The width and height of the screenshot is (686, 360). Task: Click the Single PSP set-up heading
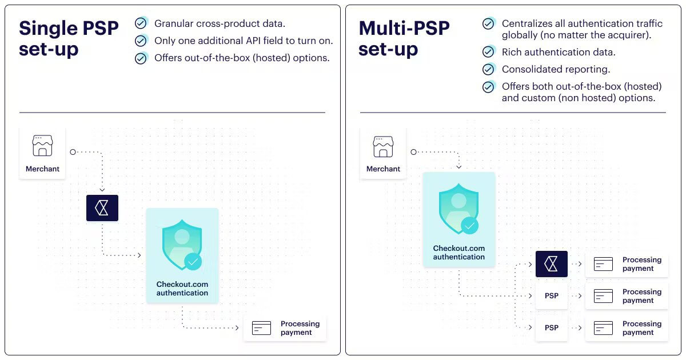pos(69,39)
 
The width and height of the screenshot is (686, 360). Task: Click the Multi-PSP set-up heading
pos(404,39)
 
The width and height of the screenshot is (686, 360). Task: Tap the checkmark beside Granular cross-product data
pos(141,23)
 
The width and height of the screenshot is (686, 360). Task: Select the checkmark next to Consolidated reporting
pos(488,69)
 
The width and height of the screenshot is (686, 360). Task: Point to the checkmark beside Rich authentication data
pos(488,52)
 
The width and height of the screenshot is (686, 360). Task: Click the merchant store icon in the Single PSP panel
pos(42,146)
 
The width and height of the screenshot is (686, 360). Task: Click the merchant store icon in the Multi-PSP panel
pos(383,147)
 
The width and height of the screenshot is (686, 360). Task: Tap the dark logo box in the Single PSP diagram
pos(102,208)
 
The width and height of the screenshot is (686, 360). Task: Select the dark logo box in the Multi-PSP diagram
pos(552,264)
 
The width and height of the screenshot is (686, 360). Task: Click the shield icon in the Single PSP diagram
pos(182,245)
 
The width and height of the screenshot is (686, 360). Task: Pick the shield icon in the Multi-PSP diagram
pos(458,209)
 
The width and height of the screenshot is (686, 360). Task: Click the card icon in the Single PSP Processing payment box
pos(261,328)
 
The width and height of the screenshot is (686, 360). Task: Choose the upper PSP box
pos(552,296)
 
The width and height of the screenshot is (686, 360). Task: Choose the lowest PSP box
pos(552,328)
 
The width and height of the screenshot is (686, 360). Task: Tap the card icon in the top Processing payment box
pos(603,264)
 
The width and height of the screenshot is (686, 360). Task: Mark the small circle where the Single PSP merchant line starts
pos(73,152)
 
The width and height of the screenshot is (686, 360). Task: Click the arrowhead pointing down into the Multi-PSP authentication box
pos(458,167)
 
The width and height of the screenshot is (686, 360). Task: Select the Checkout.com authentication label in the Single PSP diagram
pos(182,289)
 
